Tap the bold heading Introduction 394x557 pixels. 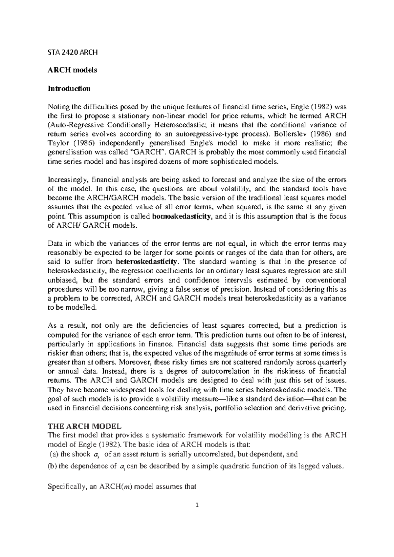point(69,89)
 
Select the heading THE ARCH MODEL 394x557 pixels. point(85,426)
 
